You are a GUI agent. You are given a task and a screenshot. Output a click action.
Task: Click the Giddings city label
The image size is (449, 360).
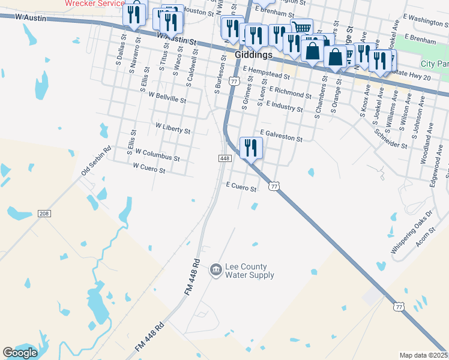(x=254, y=54)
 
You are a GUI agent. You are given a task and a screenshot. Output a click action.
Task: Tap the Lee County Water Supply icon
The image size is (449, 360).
(x=215, y=271)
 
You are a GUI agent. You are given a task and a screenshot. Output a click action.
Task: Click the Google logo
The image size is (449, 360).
(x=20, y=353)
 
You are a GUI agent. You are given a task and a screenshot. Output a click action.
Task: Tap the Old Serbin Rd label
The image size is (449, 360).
(x=96, y=161)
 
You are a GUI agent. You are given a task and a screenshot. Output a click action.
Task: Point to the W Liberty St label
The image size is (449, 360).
(x=172, y=128)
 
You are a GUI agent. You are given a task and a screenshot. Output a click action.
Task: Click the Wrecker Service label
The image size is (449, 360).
(x=94, y=3)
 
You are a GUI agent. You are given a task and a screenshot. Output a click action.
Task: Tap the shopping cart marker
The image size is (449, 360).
(x=301, y=28)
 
